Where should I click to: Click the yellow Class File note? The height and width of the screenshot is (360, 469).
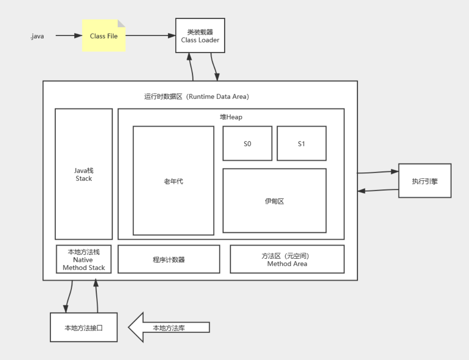coord(104,36)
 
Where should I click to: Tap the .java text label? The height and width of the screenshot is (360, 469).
coord(37,36)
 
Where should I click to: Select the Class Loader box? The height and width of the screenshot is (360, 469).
coord(200,35)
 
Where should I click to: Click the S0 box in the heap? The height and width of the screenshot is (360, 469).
coord(247,143)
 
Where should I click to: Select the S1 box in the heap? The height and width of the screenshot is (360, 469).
coord(301,143)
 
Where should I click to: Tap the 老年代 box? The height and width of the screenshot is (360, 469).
coord(173,181)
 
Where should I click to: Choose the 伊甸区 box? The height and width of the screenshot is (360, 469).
coord(274,201)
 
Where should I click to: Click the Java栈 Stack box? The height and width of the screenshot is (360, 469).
coord(84,174)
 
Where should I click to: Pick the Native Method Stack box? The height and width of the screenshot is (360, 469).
coord(84,259)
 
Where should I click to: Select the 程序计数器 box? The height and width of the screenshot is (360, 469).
coord(169,259)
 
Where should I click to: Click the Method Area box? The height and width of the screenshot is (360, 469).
coord(287,259)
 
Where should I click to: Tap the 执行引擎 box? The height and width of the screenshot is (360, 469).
coord(425,181)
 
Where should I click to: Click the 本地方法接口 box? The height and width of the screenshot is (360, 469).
coord(84,327)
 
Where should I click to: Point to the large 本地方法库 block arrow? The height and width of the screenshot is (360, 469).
coord(169,327)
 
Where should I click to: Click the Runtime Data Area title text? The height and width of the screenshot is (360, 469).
coord(196,97)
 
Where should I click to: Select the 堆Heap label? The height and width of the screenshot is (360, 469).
coord(231,117)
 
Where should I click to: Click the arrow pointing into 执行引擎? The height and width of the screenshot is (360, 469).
coord(377,172)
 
